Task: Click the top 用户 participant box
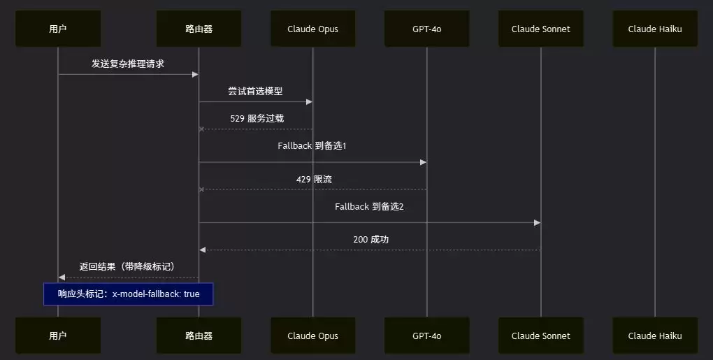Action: [58, 29]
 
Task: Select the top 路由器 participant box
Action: [199, 29]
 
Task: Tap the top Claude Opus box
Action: [313, 29]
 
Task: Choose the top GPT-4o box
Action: [426, 29]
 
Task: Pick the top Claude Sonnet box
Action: [540, 29]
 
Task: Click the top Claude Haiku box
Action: [655, 29]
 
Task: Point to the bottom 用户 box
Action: [58, 336]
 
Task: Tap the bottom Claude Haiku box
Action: [655, 336]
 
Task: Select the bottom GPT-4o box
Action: [426, 336]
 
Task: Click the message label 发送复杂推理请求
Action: [128, 64]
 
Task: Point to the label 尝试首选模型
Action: [256, 91]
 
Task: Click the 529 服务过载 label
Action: [257, 119]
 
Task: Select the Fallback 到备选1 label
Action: [312, 146]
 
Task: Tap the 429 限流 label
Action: [314, 179]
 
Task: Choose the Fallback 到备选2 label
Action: [369, 206]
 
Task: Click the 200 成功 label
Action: [370, 240]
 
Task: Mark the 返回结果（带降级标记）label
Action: [127, 267]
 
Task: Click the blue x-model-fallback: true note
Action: [128, 294]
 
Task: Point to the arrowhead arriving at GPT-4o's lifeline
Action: [424, 162]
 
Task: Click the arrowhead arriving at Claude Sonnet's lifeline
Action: [538, 223]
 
